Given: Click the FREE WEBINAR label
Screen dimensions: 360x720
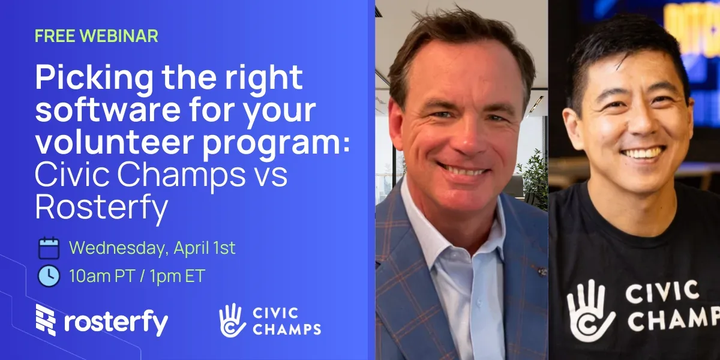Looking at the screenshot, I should coord(96,36).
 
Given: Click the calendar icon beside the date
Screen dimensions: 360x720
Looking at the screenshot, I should coord(49,248).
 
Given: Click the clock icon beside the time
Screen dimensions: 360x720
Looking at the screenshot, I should coord(49,276).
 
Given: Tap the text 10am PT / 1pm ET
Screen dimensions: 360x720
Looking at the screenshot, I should coord(137,277).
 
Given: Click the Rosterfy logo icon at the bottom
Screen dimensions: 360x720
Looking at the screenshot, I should coord(46,320).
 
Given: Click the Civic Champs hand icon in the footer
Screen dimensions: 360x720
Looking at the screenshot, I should coord(233,320).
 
